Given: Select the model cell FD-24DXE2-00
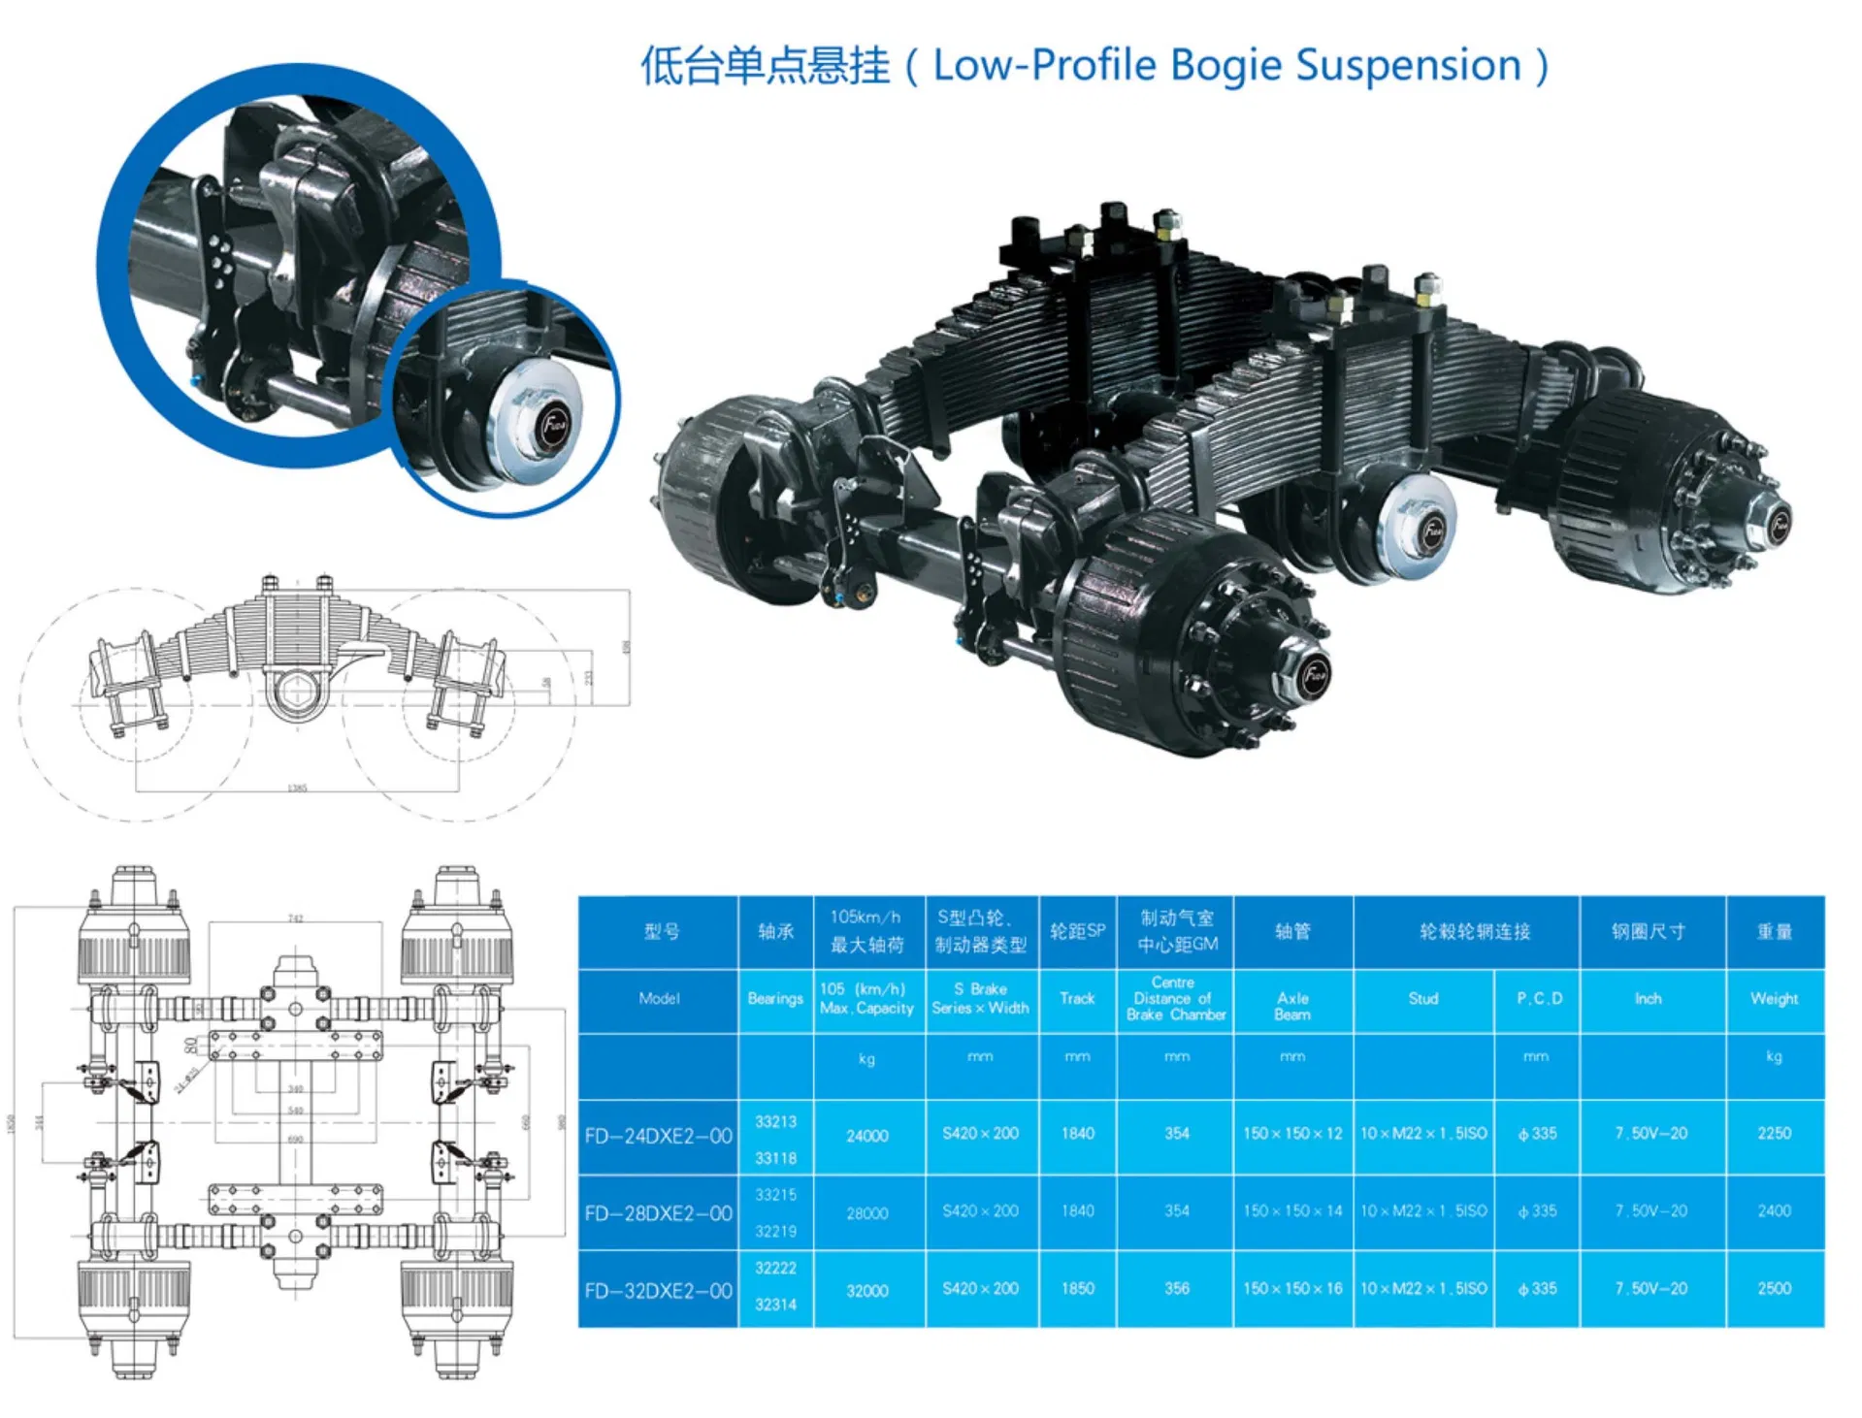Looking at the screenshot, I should tap(658, 1136).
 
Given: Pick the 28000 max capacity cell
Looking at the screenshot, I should tap(866, 1213).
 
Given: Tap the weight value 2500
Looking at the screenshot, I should tap(1773, 1289).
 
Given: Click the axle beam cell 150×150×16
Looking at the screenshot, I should tap(1291, 1289).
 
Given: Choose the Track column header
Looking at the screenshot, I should tap(1076, 998).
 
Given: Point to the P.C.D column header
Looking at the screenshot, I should tap(1539, 998).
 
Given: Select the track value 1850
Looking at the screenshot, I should tap(1077, 1289).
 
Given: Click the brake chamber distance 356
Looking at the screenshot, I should tap(1176, 1289).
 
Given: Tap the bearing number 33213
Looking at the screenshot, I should tap(775, 1121).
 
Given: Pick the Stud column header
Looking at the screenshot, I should tap(1422, 998).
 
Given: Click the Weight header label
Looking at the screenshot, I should tap(1774, 998).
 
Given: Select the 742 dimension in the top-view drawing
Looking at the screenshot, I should tap(295, 918).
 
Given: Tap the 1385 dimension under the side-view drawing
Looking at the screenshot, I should tap(297, 788).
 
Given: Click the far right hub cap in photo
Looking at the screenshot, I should tap(1778, 525).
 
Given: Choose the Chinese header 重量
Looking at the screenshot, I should tap(1774, 932).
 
